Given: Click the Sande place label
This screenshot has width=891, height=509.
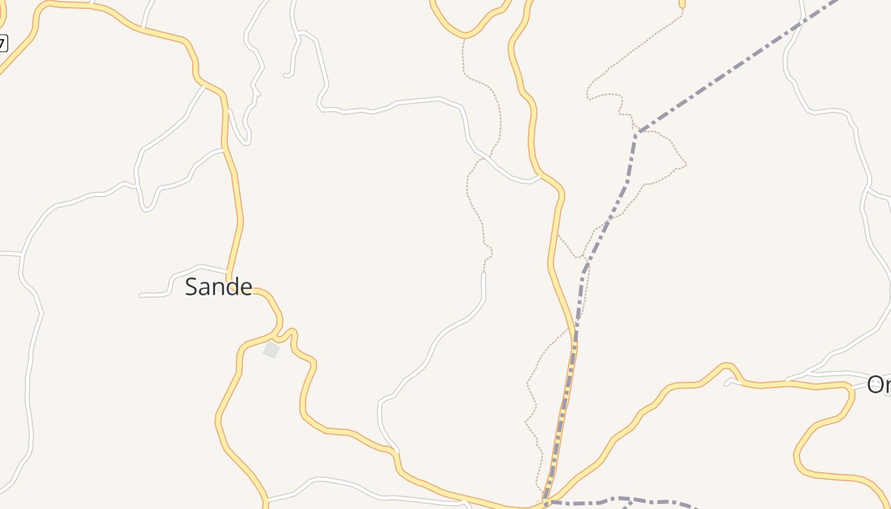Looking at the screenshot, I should [x=218, y=287].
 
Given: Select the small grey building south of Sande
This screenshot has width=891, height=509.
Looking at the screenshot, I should [x=272, y=349].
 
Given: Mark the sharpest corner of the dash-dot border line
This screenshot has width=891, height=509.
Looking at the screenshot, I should [x=636, y=132].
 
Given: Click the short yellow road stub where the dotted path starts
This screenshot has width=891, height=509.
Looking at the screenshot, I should [x=682, y=4].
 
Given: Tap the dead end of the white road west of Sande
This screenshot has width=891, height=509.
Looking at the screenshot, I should [x=141, y=295].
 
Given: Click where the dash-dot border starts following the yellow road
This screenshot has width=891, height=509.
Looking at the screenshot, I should [x=575, y=344].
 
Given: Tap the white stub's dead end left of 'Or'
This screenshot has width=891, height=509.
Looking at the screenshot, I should [x=727, y=384].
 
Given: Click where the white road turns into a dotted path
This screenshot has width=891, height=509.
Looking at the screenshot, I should [x=484, y=273].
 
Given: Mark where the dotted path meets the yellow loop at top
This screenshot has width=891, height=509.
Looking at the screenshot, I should [x=464, y=37].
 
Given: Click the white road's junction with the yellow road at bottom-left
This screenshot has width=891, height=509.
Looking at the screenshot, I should [x=267, y=500].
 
